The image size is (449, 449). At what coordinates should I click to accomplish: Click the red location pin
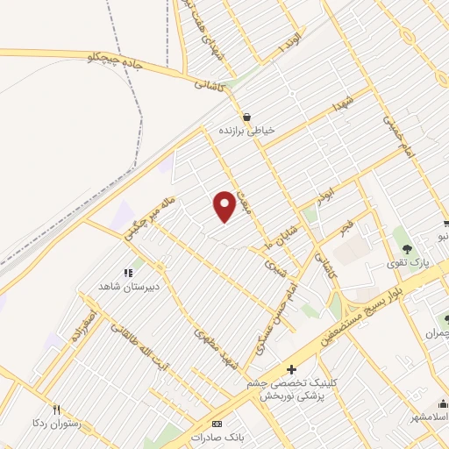pyautogui.click(x=225, y=206)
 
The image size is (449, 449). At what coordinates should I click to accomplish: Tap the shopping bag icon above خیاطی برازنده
pyautogui.click(x=246, y=116)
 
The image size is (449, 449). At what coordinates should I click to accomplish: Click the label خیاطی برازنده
pyautogui.click(x=247, y=129)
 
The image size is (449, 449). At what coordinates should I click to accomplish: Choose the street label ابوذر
pyautogui.click(x=325, y=192)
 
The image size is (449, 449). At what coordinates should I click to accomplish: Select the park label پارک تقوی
pyautogui.click(x=406, y=262)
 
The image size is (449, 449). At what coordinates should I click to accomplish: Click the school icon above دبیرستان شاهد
pyautogui.click(x=128, y=272)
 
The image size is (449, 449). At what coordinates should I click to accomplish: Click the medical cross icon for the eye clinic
pyautogui.click(x=292, y=369)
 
